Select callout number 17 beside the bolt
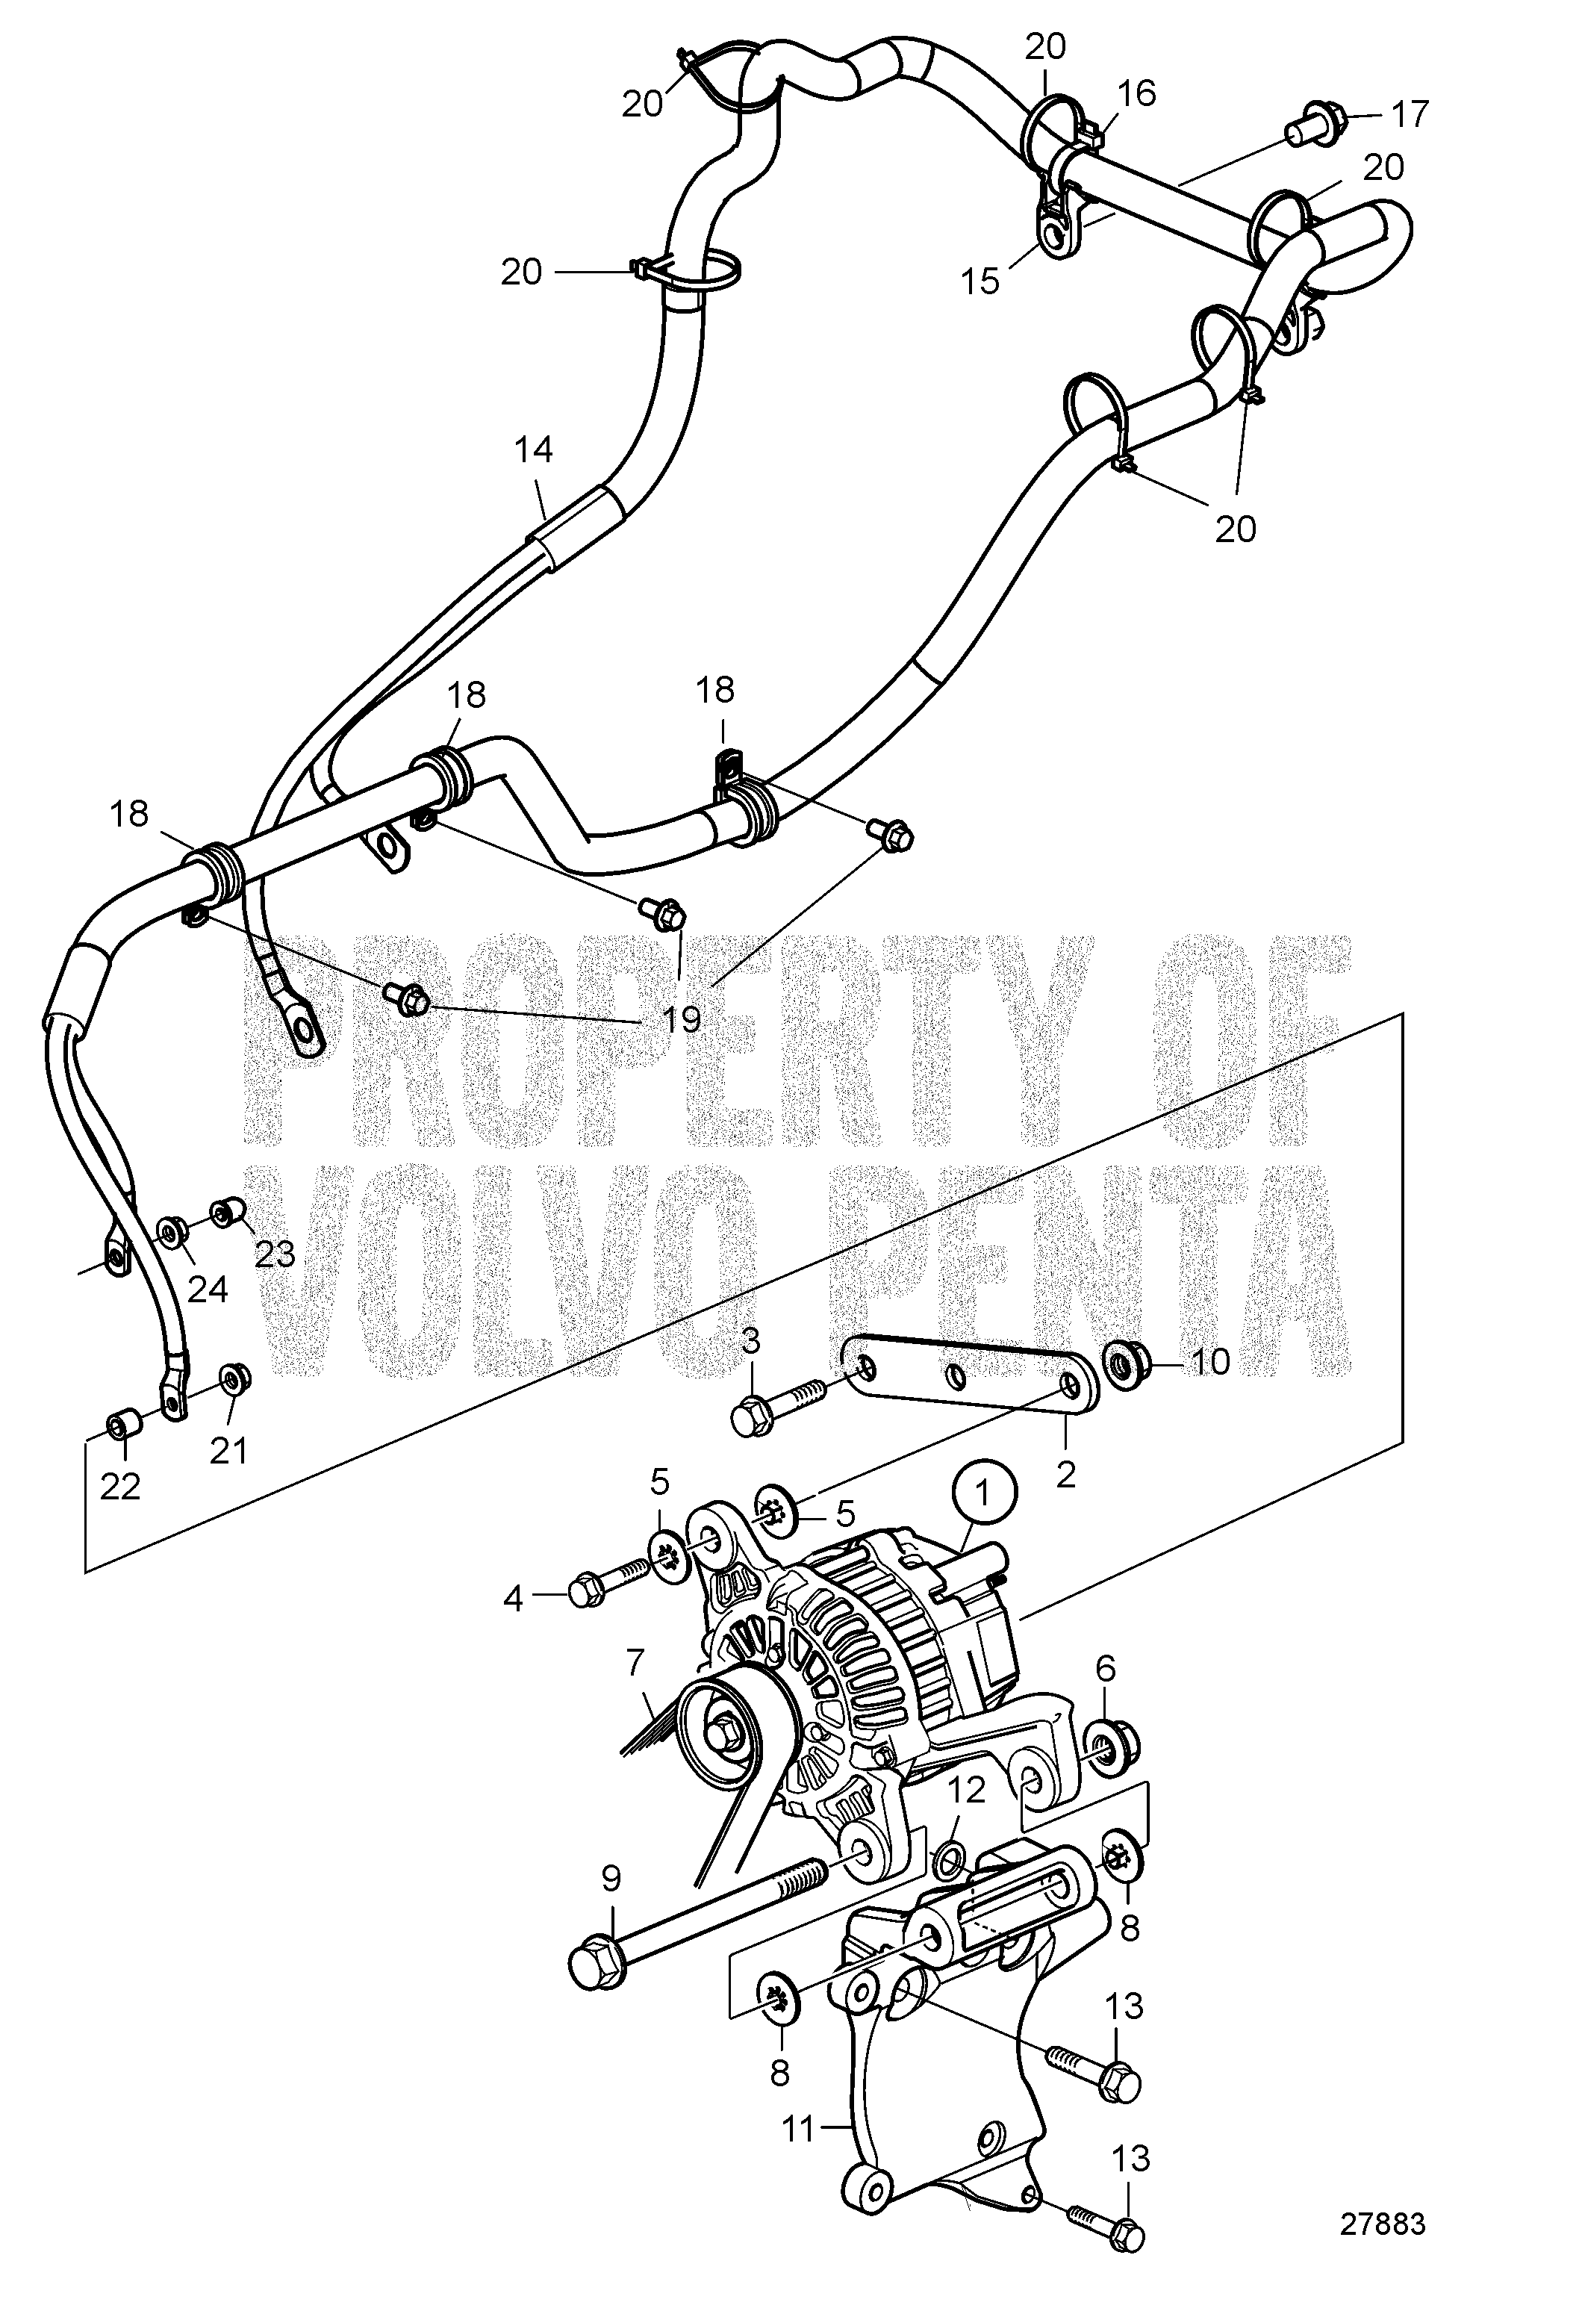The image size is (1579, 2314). click(x=1409, y=114)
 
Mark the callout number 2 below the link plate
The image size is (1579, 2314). click(x=1066, y=1475)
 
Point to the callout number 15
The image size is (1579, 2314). click(x=981, y=282)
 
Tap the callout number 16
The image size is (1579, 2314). click(x=1137, y=93)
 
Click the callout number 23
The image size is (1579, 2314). click(x=275, y=1254)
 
